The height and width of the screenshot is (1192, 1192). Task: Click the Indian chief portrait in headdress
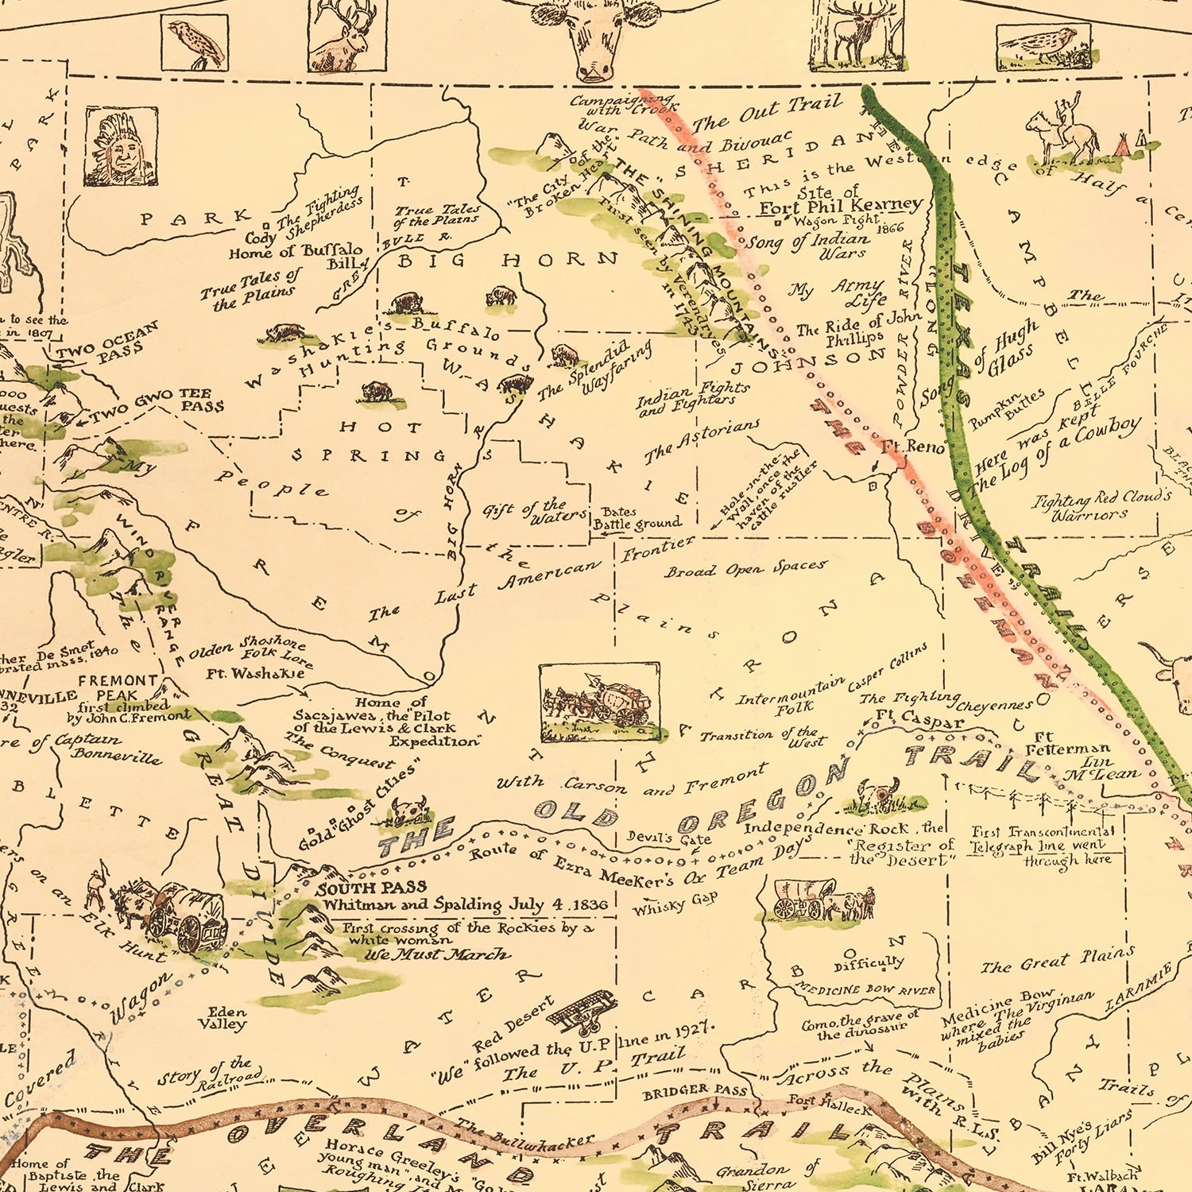pos(121,147)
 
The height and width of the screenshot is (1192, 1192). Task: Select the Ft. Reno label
pos(912,447)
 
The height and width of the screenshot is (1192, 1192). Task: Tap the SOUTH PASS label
pos(372,888)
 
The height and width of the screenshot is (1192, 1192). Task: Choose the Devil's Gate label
pos(668,837)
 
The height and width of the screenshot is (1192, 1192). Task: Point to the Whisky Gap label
pos(675,903)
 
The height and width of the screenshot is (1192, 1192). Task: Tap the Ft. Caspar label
pos(919,719)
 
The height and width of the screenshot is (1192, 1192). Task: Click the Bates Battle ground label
pos(637,518)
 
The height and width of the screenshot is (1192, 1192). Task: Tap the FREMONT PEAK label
pos(118,687)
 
